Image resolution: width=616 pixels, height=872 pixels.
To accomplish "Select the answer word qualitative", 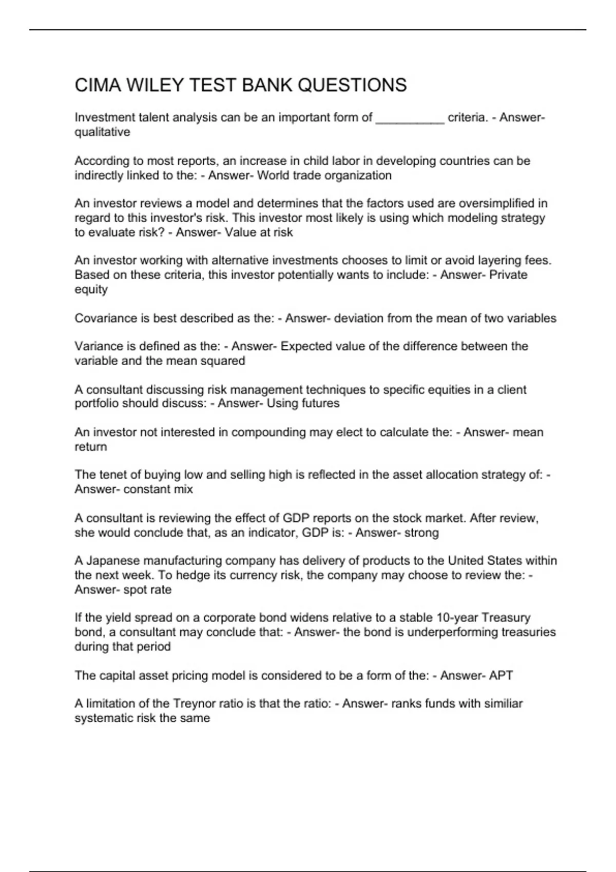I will click(x=102, y=132).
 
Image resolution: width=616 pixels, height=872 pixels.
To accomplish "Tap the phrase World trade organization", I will click(x=324, y=175).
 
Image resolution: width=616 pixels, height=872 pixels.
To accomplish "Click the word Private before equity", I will click(x=508, y=275).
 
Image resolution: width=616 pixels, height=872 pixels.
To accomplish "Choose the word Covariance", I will click(x=105, y=318).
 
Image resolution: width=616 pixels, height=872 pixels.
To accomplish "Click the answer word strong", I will click(x=421, y=532).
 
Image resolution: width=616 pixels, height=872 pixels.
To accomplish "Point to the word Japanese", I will click(x=115, y=561).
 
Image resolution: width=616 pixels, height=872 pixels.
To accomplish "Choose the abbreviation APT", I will click(x=500, y=676).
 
